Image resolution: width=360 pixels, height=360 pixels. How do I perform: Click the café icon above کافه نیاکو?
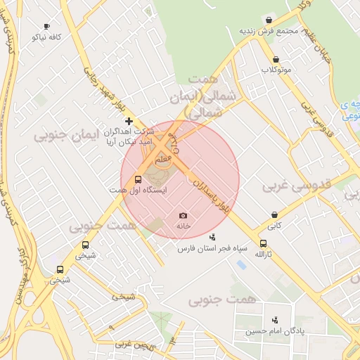47,26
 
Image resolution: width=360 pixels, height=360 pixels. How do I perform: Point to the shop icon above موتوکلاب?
276,59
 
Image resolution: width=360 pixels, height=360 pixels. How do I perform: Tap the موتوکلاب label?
276,70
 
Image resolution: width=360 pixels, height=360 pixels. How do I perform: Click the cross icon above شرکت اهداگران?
129,122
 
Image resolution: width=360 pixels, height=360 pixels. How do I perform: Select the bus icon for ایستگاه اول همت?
138,179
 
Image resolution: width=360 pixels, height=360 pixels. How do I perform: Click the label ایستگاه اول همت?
138,191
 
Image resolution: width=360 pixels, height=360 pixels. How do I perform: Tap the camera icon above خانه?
184,215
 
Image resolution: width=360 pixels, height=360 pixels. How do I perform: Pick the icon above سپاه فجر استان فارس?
213,237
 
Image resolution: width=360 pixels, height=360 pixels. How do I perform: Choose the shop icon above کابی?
274,214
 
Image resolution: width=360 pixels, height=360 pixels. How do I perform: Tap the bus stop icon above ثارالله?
262,243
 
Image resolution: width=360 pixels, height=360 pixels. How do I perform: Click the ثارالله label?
262,253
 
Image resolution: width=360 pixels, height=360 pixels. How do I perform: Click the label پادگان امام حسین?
274,330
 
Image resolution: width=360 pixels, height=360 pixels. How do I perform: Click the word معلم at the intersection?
162,160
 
